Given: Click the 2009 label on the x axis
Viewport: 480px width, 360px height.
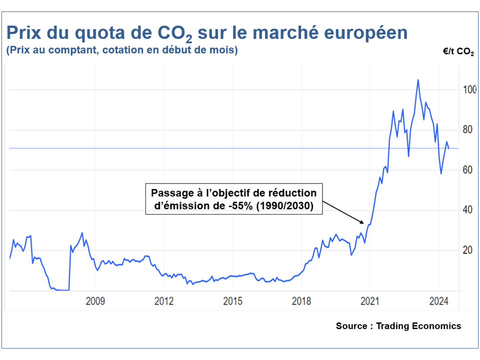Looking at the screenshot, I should [x=95, y=301].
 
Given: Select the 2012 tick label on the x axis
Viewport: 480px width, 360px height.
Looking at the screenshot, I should [x=164, y=301].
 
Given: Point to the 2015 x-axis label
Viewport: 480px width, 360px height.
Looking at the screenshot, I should [x=232, y=301].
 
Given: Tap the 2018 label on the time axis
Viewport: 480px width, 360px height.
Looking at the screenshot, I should [x=301, y=301].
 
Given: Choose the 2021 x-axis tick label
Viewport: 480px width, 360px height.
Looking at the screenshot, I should [x=369, y=301].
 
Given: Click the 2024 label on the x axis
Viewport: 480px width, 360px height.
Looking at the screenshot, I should [x=438, y=301].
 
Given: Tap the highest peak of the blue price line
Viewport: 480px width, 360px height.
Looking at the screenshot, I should [x=418, y=80].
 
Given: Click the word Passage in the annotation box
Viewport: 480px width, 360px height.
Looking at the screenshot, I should [x=170, y=192].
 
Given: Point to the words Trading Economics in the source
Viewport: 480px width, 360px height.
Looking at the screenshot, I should [x=418, y=326].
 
